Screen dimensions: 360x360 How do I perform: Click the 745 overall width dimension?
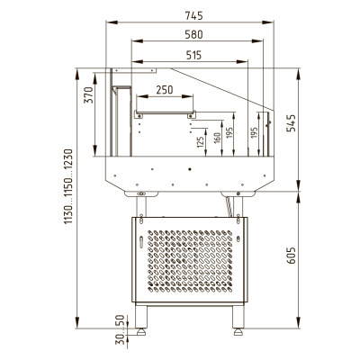(x=193, y=15)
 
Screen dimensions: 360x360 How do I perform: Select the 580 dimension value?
(x=193, y=34)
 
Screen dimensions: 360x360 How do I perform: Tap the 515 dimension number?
(x=193, y=55)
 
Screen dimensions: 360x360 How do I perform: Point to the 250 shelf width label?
(x=165, y=90)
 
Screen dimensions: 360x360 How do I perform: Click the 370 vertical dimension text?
(x=88, y=95)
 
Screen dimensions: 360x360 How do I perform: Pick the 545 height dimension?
(x=291, y=123)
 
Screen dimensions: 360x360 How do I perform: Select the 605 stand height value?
(x=291, y=256)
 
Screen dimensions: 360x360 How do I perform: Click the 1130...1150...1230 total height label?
(x=68, y=186)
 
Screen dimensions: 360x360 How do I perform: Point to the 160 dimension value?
(x=217, y=138)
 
